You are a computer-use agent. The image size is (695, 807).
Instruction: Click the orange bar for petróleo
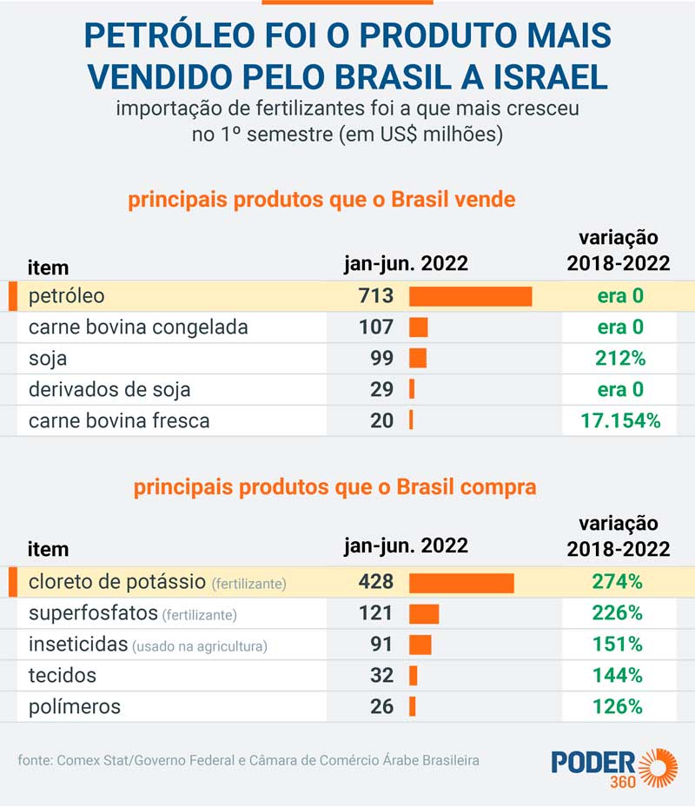470,296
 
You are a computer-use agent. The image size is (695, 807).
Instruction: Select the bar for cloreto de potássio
461,582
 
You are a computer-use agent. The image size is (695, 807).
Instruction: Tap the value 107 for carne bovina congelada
375,327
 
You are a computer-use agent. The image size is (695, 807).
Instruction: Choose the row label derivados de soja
109,390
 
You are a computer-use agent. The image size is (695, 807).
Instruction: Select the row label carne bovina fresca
119,421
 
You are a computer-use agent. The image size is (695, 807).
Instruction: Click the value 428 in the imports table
375,582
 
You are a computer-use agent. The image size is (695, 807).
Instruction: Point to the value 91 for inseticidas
381,645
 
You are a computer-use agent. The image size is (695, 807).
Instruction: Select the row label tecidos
63,675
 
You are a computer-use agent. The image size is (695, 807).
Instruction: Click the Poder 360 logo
614,767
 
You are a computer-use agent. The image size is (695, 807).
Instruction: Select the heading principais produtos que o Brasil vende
321,201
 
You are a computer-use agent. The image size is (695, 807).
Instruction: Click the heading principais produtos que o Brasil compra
334,487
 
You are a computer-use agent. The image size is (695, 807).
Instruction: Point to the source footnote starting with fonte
248,760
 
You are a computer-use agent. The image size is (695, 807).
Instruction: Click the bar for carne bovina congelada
419,327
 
